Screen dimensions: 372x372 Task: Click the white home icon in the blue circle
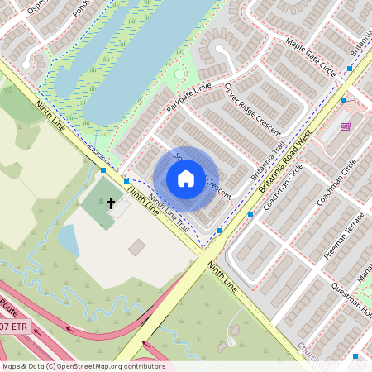pyautogui.click(x=186, y=178)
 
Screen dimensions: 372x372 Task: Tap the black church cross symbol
pyautogui.click(x=111, y=202)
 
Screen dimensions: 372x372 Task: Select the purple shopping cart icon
pyautogui.click(x=345, y=126)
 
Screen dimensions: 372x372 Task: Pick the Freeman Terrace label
pyautogui.click(x=341, y=234)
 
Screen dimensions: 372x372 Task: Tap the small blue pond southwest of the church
pyautogui.click(x=69, y=241)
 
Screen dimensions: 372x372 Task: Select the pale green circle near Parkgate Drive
pyautogui.click(x=180, y=75)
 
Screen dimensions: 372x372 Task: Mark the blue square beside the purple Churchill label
pyautogui.click(x=355, y=356)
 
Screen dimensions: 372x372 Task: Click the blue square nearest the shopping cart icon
pyautogui.click(x=343, y=101)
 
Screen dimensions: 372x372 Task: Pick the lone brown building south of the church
pyautogui.click(x=136, y=246)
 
